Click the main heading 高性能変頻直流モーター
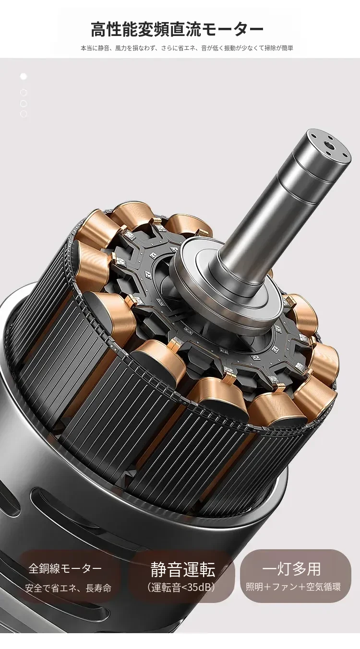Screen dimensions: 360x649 click(177, 29)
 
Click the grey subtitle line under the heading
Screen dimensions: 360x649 click(187, 48)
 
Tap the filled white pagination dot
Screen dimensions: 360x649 click(24, 76)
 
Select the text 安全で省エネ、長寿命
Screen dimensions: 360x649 click(68, 588)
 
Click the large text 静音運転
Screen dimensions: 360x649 click(183, 569)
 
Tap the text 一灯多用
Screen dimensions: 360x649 click(291, 569)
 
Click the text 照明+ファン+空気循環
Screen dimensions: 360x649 click(293, 587)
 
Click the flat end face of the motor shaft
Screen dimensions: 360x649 click(328, 146)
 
